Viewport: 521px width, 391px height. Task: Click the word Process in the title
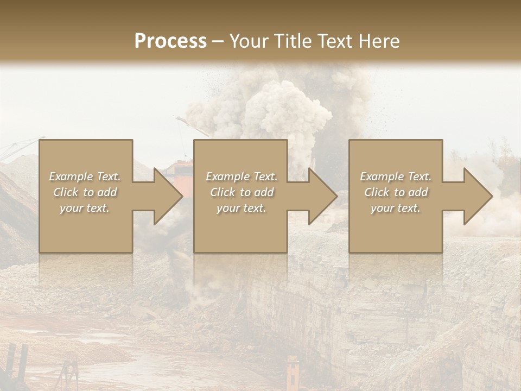tap(170, 41)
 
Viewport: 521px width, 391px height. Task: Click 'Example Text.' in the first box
tap(85, 176)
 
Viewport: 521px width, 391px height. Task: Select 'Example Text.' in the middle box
tap(242, 176)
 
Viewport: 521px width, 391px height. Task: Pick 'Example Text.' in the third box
tap(396, 176)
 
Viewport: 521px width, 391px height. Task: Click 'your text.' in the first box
tap(85, 208)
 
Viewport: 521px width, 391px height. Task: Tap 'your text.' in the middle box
tap(242, 208)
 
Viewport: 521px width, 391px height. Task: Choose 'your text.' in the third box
tap(396, 208)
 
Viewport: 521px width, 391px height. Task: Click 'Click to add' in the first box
tap(85, 192)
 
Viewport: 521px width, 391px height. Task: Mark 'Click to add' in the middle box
tap(242, 192)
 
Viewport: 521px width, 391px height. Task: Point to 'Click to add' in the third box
tap(396, 192)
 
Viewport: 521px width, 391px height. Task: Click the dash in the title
tap(218, 41)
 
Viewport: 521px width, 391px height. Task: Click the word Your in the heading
tap(247, 41)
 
